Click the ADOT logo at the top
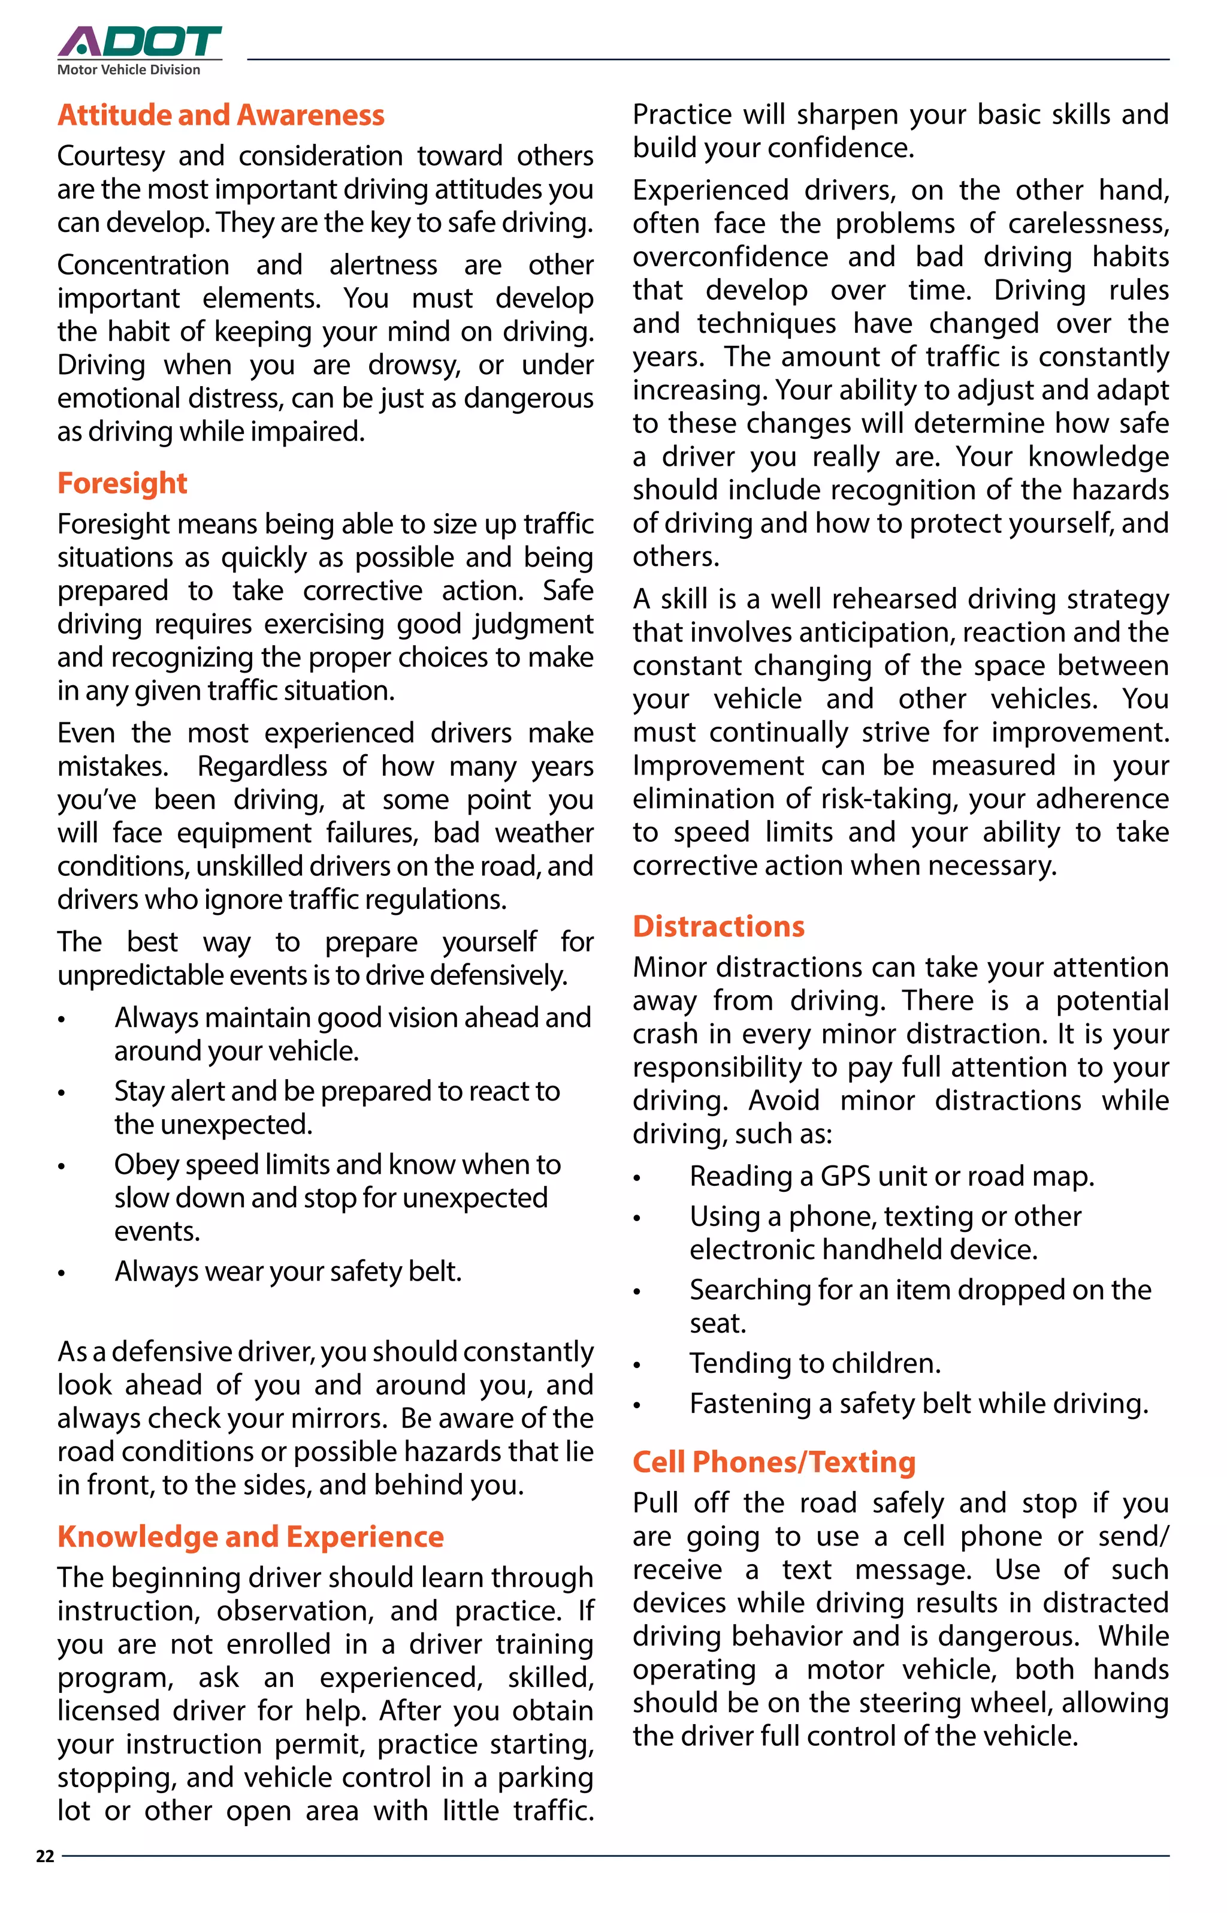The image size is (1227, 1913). tap(140, 41)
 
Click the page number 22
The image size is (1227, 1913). tap(46, 1857)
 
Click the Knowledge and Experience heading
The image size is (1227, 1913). tap(250, 1537)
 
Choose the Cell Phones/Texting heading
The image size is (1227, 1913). tap(773, 1462)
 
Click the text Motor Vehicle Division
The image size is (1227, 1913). tap(129, 70)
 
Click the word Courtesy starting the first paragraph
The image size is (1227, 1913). tap(111, 156)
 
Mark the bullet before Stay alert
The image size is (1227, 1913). tap(61, 1093)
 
